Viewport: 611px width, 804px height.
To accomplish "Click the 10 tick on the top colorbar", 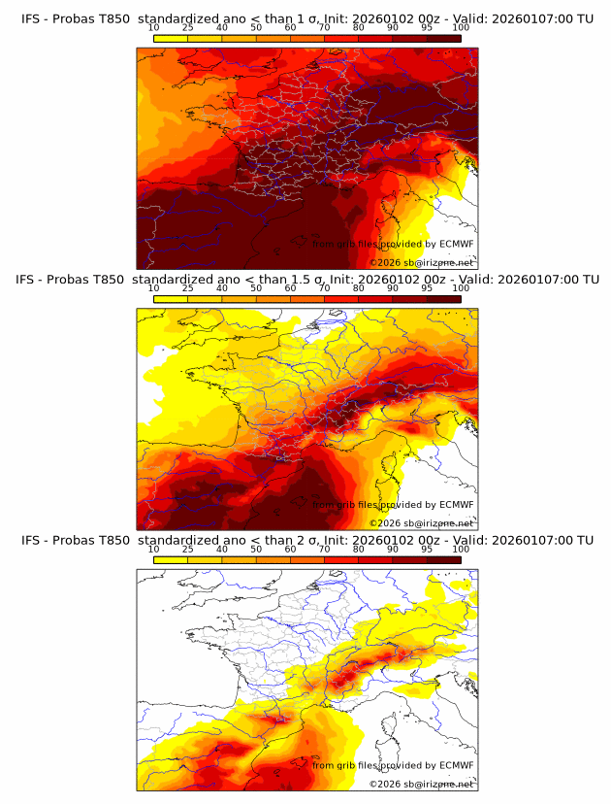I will [154, 27].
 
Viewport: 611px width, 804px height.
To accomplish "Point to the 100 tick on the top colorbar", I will [461, 27].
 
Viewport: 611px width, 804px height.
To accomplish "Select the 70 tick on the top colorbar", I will [324, 27].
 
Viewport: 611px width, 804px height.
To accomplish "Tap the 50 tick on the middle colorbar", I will [256, 288].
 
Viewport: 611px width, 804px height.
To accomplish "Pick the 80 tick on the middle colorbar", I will [359, 288].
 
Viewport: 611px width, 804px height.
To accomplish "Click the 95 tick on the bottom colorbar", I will [427, 550].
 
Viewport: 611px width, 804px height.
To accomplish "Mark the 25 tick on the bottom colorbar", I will [188, 550].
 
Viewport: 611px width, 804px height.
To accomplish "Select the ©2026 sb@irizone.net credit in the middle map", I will [422, 523].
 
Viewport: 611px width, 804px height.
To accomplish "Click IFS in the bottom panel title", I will [31, 540].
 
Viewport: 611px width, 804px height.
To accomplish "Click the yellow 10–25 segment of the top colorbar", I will [171, 38].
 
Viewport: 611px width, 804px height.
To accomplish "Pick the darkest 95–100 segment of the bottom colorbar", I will [443, 560].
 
